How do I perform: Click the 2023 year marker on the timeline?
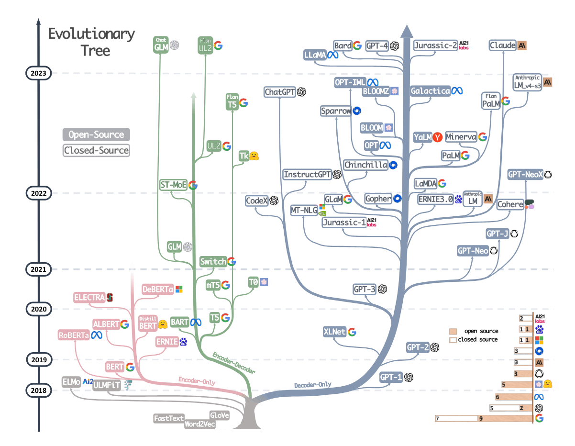pos(38,73)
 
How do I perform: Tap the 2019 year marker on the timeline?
pos(39,360)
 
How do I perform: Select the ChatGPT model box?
pos(279,92)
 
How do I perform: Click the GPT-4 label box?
pos(377,46)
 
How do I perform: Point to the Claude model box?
pos(502,45)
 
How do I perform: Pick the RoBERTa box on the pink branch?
pos(74,335)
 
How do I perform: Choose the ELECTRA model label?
pos(89,297)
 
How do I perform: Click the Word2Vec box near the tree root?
pos(199,424)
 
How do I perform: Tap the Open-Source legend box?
pos(96,134)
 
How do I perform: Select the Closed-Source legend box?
pos(96,150)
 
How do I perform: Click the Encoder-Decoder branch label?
pos(234,363)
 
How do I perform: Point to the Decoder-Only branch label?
pos(312,385)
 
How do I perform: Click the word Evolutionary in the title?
pos(91,34)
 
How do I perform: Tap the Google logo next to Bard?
pos(357,45)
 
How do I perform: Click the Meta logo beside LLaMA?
pos(332,55)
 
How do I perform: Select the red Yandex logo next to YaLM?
pos(437,137)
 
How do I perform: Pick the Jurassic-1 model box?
pos(344,223)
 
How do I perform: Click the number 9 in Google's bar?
pos(481,418)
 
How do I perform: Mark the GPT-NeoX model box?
pos(525,175)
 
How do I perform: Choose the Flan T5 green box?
pos(232,101)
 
